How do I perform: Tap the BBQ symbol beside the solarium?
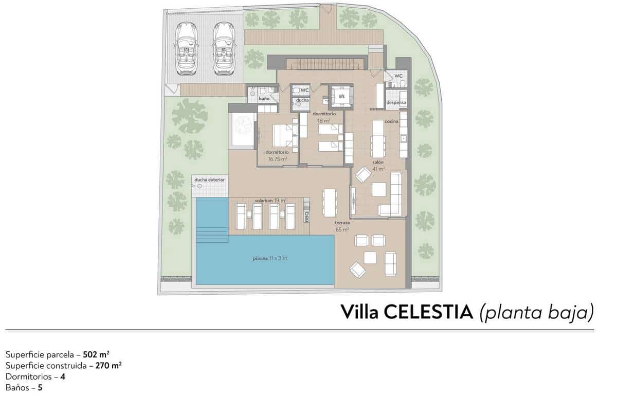[306, 209]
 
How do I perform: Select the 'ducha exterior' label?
[209, 179]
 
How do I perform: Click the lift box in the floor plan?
[341, 96]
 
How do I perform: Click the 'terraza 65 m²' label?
[342, 226]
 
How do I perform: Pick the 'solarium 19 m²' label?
[270, 200]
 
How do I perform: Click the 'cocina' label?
[392, 121]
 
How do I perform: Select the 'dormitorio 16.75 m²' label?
[277, 156]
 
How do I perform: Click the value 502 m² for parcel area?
[96, 354]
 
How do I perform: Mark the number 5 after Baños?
[40, 387]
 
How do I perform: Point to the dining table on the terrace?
[329, 203]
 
